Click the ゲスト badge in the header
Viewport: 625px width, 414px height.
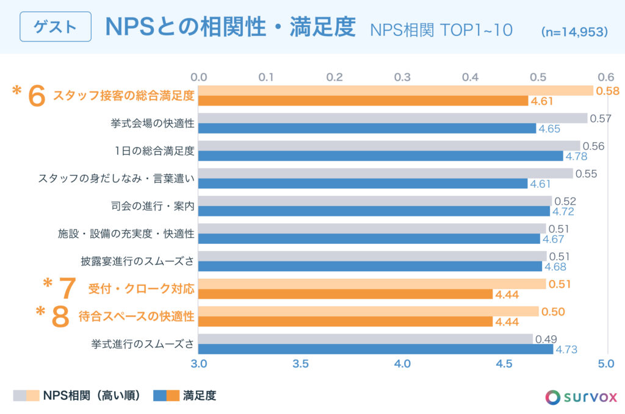coord(56,27)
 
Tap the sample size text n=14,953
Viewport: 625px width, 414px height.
coord(574,31)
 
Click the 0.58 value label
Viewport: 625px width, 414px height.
coord(607,91)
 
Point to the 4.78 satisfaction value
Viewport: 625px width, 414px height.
coord(577,156)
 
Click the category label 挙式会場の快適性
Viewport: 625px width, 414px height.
coord(153,124)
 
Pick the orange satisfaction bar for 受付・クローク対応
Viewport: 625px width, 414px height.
coord(345,294)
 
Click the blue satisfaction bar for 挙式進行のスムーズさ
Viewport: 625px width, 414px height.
coord(376,349)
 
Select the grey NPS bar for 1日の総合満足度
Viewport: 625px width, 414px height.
coord(389,146)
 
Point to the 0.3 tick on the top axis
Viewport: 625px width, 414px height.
coord(402,77)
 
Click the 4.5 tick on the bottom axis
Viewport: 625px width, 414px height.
coord(504,364)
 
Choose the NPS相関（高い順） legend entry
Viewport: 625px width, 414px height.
coord(92,396)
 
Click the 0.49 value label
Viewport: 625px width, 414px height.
coord(546,339)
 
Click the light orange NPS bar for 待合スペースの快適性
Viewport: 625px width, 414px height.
coord(369,312)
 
